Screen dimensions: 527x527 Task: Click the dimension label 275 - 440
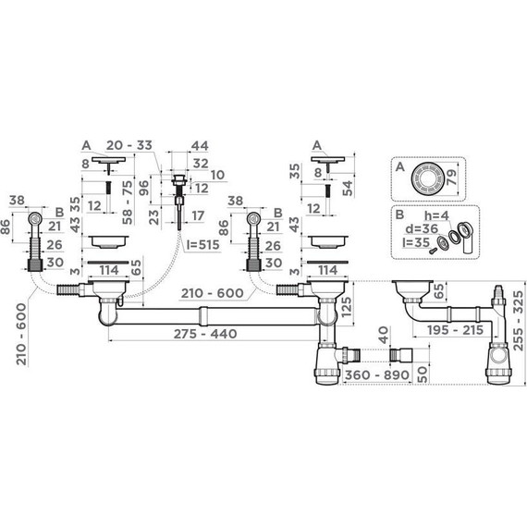205,334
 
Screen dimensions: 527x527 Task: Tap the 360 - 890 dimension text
377,375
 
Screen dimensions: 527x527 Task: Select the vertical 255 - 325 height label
519,321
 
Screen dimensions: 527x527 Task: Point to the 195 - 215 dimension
456,330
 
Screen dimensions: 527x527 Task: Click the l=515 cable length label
203,245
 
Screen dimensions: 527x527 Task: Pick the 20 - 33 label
129,145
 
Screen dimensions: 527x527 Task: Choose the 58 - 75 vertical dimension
129,202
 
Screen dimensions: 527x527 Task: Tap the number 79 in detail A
451,177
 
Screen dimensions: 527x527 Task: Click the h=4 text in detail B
436,216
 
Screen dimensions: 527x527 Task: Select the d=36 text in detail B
422,229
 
